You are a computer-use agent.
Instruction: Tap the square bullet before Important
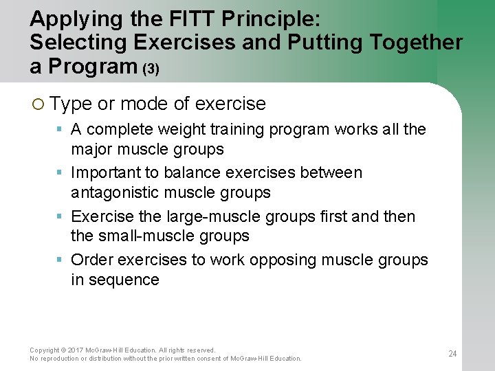click(60, 172)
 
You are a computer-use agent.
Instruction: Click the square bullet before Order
click(60, 260)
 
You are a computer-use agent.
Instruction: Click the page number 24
click(452, 354)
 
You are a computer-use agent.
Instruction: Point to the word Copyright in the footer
click(45, 350)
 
